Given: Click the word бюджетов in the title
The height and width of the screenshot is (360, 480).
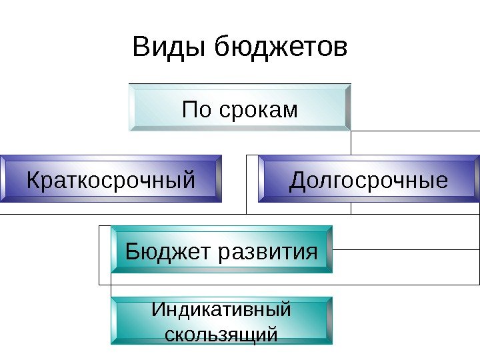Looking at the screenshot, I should [x=281, y=48].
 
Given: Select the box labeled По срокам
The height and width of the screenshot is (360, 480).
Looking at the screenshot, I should [x=240, y=107].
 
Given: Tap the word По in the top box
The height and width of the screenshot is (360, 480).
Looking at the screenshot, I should [x=196, y=109].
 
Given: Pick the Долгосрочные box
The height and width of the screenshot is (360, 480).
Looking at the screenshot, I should [x=369, y=179].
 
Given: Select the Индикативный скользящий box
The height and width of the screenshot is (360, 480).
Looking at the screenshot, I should [x=221, y=321].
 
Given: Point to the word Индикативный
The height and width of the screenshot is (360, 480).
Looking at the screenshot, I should [x=221, y=311].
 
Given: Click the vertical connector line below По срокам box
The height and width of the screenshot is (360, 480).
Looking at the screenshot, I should [x=351, y=143].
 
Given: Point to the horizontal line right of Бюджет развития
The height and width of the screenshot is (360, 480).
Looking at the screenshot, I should [x=407, y=250].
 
